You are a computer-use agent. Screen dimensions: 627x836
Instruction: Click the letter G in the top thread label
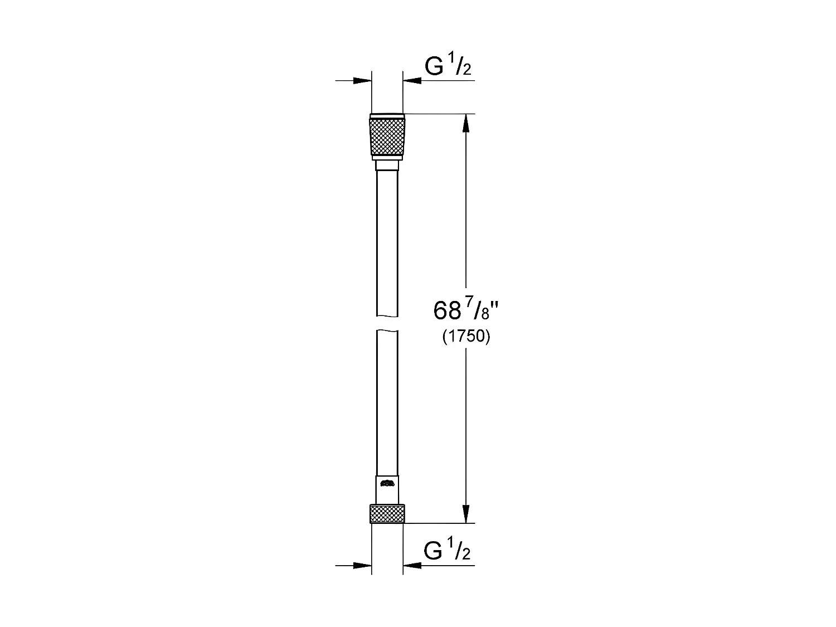pyautogui.click(x=435, y=67)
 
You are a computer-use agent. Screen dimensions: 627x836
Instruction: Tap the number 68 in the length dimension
pyautogui.click(x=447, y=311)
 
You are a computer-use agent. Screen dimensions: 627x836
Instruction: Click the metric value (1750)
pyautogui.click(x=466, y=337)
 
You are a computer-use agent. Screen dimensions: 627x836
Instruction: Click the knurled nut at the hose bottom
pyautogui.click(x=387, y=513)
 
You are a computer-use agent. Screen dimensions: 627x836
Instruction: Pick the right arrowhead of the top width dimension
pyautogui.click(x=412, y=81)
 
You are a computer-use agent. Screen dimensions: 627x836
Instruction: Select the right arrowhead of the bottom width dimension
pyautogui.click(x=412, y=566)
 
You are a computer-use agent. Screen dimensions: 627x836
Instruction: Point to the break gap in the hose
pyautogui.click(x=387, y=325)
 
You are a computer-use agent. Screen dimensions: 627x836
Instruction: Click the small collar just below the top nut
pyautogui.click(x=387, y=165)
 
